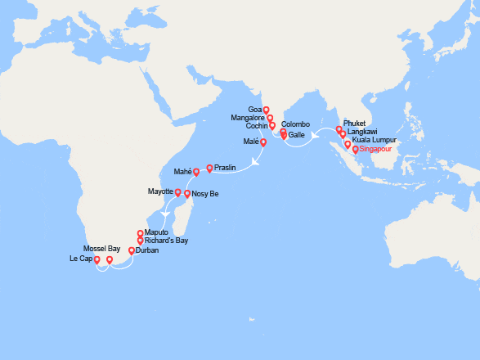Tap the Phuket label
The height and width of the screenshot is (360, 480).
click(356, 123)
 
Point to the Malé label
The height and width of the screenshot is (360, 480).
click(251, 142)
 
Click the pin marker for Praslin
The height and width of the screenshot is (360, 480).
click(209, 169)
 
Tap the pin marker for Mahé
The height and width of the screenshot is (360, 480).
click(196, 172)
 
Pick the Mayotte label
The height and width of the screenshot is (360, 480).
click(160, 191)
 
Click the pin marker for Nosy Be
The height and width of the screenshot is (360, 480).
click(187, 194)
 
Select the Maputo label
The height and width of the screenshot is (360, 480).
click(157, 232)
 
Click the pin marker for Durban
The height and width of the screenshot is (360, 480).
click(131, 250)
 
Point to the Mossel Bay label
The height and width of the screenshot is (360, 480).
click(103, 248)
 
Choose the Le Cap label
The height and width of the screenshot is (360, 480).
click(81, 259)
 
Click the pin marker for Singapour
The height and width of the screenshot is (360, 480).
click(355, 149)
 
